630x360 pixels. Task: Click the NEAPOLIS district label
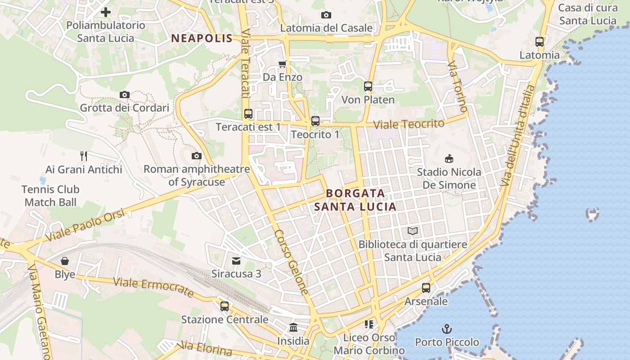click(x=202, y=38)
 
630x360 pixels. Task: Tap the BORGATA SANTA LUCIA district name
click(x=355, y=200)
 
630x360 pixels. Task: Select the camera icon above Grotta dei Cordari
click(x=125, y=94)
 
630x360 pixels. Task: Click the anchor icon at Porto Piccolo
click(x=446, y=329)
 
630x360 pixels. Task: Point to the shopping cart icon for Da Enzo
click(x=283, y=64)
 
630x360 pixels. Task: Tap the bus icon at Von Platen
click(x=368, y=86)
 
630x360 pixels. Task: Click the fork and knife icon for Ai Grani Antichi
click(x=84, y=156)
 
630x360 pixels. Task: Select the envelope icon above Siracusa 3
click(x=236, y=261)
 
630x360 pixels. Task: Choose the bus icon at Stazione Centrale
click(x=225, y=306)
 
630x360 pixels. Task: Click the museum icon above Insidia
click(x=293, y=327)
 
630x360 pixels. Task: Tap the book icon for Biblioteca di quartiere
click(x=413, y=231)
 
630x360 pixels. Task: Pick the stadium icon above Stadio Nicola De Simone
click(x=449, y=158)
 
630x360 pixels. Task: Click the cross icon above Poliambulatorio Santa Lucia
click(x=106, y=12)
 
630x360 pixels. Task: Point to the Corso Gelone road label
click(x=292, y=262)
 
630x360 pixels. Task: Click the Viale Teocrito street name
click(x=409, y=124)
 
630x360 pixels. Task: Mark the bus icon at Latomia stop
click(x=540, y=42)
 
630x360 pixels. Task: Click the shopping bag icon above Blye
click(x=65, y=261)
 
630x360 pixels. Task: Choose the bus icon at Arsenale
click(x=426, y=288)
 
